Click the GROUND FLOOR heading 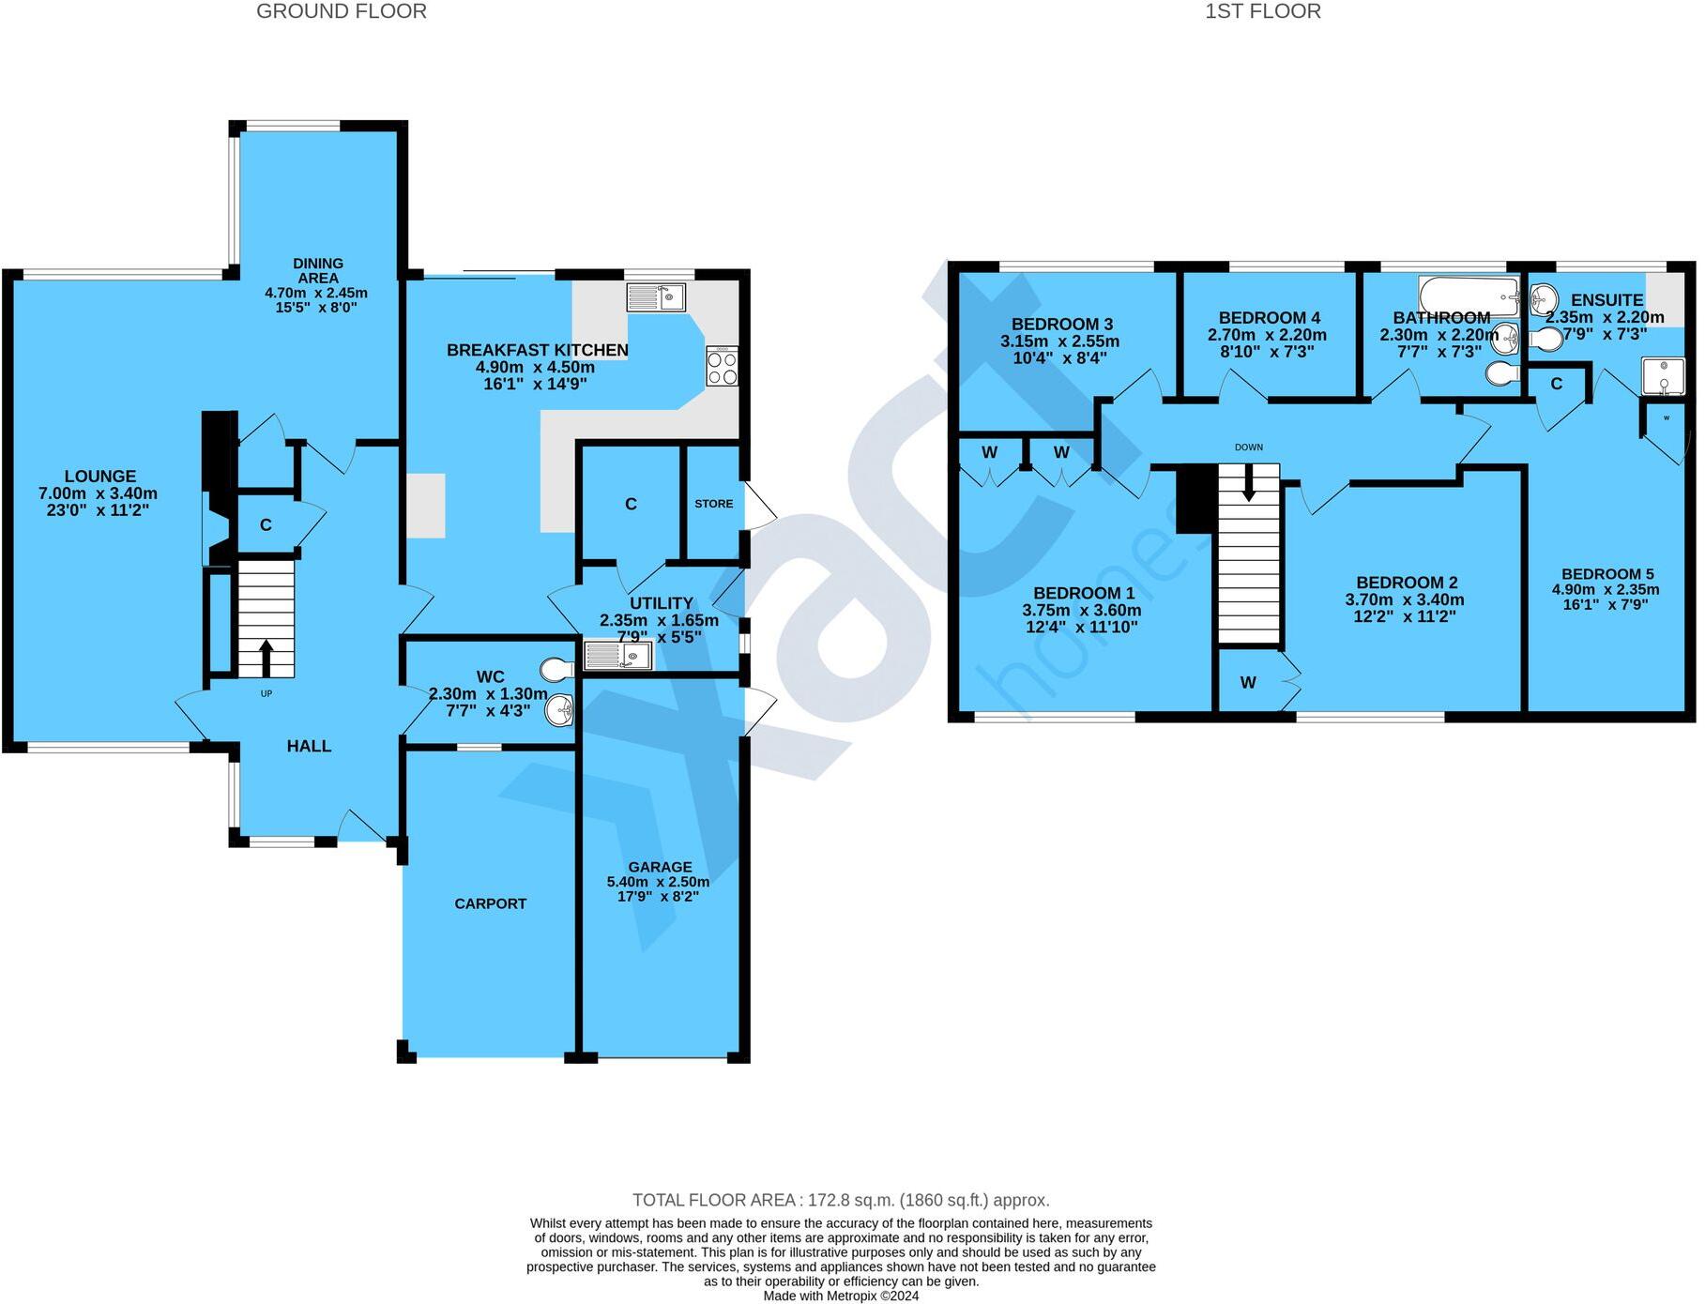pyautogui.click(x=342, y=11)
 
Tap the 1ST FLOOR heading pyautogui.click(x=1262, y=11)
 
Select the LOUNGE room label pyautogui.click(x=99, y=477)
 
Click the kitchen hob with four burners pyautogui.click(x=722, y=366)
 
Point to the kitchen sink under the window pyautogui.click(x=656, y=297)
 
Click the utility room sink pyautogui.click(x=617, y=655)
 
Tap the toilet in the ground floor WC pyautogui.click(x=556, y=669)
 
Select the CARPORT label pyautogui.click(x=490, y=903)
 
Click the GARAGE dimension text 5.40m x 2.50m pyautogui.click(x=658, y=882)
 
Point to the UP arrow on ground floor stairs pyautogui.click(x=266, y=658)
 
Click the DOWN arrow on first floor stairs pyautogui.click(x=1248, y=483)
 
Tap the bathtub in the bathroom pyautogui.click(x=1468, y=296)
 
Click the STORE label pyautogui.click(x=713, y=504)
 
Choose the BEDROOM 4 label pyautogui.click(x=1269, y=318)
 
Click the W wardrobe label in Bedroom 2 pyautogui.click(x=1247, y=683)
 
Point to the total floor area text pyautogui.click(x=840, y=1200)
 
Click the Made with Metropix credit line pyautogui.click(x=840, y=1296)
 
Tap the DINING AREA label pyautogui.click(x=317, y=270)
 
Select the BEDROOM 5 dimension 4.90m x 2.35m pyautogui.click(x=1605, y=590)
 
